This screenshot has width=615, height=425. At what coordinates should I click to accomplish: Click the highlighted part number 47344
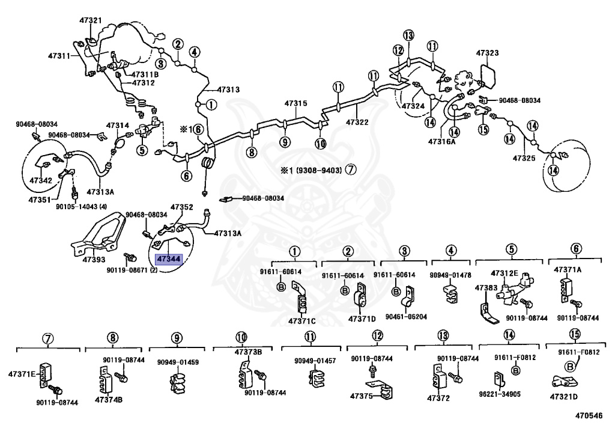(x=168, y=259)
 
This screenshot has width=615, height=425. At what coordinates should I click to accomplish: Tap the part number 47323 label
(x=488, y=53)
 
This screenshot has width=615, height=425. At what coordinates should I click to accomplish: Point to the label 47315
(x=295, y=103)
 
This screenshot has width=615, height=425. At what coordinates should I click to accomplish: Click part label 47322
(x=357, y=122)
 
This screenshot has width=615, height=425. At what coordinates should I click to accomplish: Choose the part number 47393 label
(x=94, y=260)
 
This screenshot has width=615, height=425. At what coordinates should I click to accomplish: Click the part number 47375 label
(x=362, y=397)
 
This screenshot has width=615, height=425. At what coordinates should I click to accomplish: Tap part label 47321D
(x=563, y=397)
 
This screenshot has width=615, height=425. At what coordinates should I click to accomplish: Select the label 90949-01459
(x=178, y=362)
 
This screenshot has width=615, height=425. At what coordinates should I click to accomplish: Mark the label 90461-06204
(x=402, y=317)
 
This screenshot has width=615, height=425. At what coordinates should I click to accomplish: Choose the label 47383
(x=485, y=288)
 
